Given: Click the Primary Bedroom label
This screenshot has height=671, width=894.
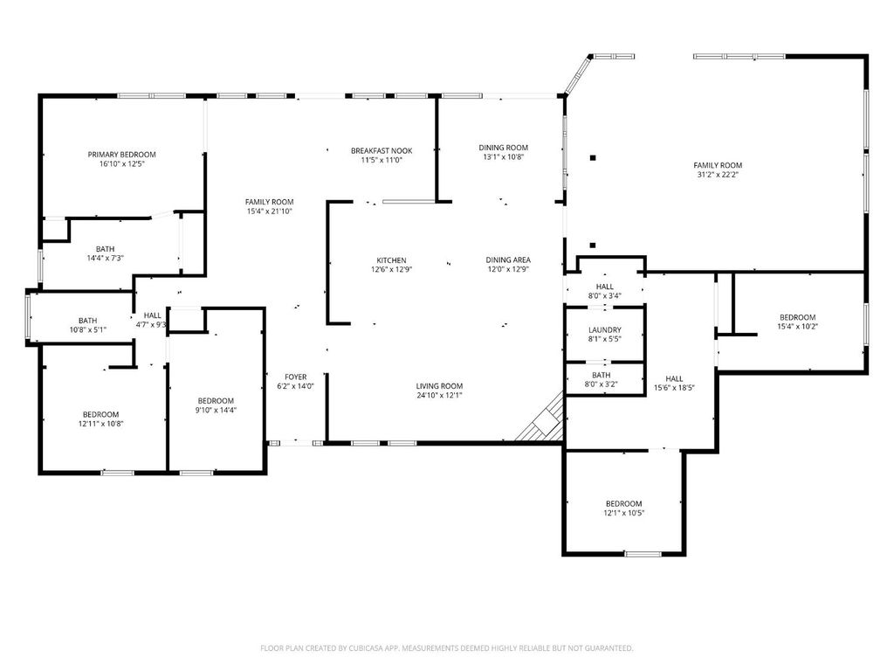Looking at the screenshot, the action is click(x=121, y=155).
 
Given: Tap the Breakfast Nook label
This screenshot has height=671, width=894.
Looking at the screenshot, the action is click(x=382, y=150).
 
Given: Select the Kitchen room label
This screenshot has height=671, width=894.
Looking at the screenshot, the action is click(x=391, y=260).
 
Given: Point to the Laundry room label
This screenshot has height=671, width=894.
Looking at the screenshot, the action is click(x=605, y=329).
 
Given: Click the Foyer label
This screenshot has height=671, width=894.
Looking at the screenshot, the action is click(x=295, y=377).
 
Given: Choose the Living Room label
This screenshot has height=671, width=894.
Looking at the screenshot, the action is click(x=439, y=385).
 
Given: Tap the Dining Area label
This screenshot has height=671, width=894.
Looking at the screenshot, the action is click(x=508, y=259).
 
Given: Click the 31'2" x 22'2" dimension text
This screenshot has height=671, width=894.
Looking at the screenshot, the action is click(x=718, y=175).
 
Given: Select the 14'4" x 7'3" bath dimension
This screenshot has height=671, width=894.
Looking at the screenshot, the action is click(x=105, y=258).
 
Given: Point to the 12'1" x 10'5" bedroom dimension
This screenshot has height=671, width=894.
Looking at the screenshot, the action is click(x=623, y=513).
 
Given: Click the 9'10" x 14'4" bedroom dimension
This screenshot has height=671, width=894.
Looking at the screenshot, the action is click(x=216, y=410).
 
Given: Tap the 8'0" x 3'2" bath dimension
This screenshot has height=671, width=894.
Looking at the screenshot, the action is click(x=601, y=384).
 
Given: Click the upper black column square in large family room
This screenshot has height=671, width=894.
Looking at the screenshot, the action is click(x=593, y=157).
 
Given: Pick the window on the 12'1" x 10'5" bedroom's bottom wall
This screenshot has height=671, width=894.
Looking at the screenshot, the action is click(x=643, y=553).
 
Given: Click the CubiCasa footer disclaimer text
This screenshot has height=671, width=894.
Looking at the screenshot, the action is click(x=446, y=648).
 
